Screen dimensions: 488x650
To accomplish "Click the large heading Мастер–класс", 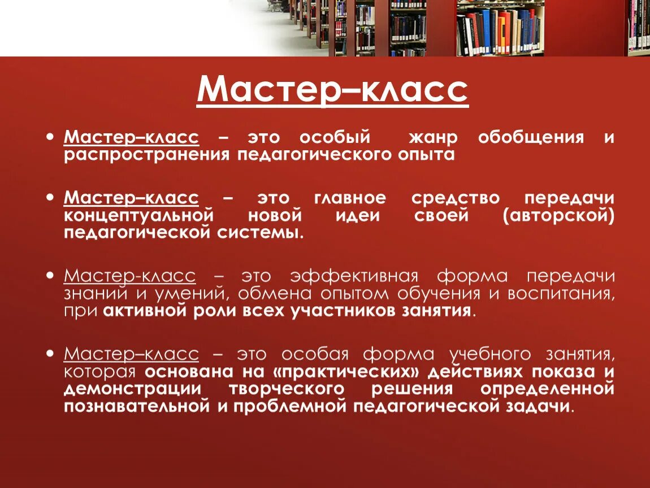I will (x=332, y=89).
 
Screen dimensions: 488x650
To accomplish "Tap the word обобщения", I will (x=531, y=138).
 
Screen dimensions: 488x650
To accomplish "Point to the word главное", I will (x=350, y=198).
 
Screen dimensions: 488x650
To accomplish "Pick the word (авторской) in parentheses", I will (x=558, y=216).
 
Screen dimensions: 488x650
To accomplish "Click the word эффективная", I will (x=354, y=277).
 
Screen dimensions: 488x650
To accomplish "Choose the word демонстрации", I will (x=132, y=389).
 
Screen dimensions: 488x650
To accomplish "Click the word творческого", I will (x=287, y=389).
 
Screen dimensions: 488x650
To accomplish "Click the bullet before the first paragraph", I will (x=51, y=137).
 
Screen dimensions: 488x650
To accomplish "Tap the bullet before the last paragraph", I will (x=51, y=354).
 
